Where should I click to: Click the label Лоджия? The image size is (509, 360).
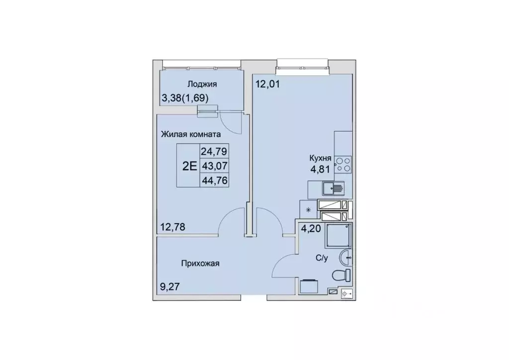point(202,85)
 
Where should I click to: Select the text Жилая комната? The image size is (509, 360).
point(190,133)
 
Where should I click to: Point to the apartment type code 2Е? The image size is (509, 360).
point(189,166)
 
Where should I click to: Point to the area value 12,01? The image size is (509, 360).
point(268,84)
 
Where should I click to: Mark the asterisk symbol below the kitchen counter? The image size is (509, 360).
point(308,209)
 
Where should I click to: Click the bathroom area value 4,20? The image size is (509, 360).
point(310,230)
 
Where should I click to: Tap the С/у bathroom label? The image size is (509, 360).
point(322,258)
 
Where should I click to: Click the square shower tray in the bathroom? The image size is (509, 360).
point(338,235)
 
